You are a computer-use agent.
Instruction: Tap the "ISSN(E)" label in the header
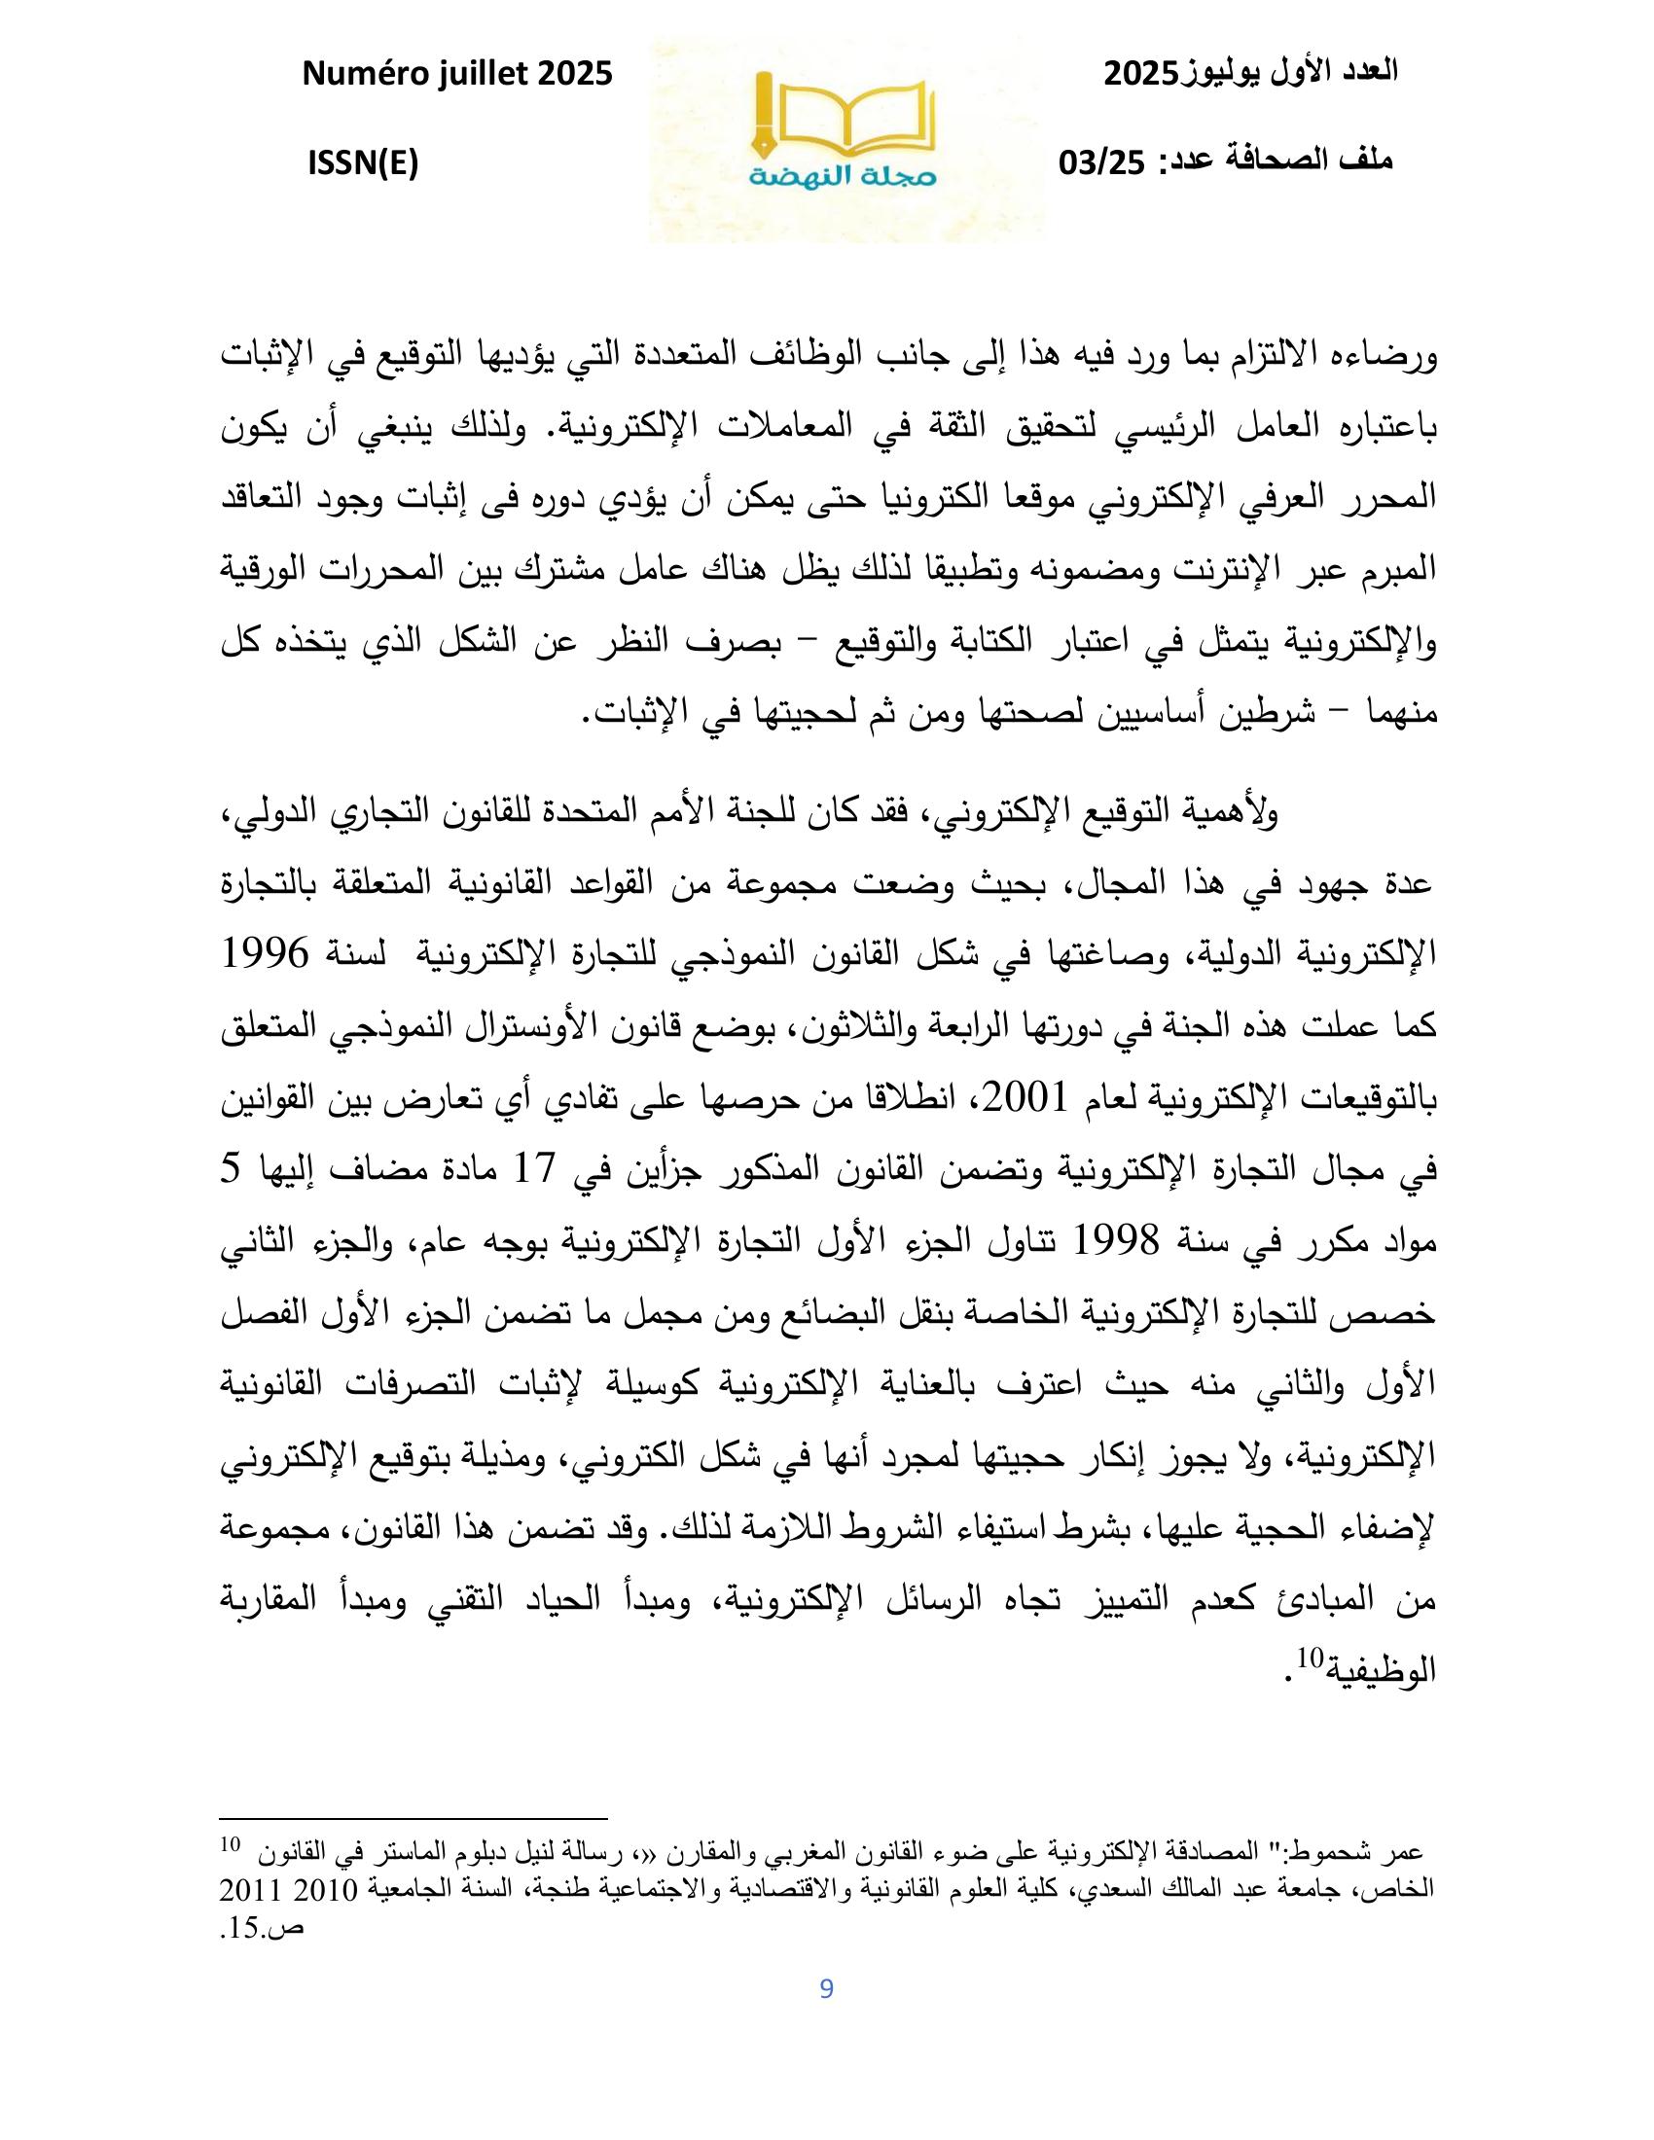pos(364,162)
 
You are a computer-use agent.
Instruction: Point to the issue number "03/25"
pos(1101,162)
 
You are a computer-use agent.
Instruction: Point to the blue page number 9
pos(826,1988)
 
